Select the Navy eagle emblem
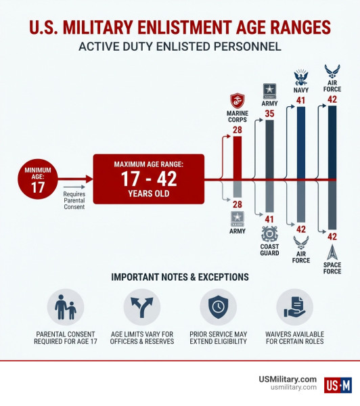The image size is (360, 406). pos(300,76)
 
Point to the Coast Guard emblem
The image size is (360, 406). pos(270,233)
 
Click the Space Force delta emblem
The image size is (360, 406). pos(332,252)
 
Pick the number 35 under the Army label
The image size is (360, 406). pos(269,113)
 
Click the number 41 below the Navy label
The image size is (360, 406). pos(300,101)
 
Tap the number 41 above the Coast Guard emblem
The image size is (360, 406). pos(269,218)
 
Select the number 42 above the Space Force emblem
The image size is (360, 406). pos(332,236)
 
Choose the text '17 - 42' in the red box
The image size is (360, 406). pos(149,180)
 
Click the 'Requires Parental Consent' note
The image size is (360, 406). pos(74,200)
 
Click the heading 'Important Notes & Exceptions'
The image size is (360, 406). pos(179,277)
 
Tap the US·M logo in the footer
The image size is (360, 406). pos(338,385)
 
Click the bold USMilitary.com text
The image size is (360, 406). pos(288,379)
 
